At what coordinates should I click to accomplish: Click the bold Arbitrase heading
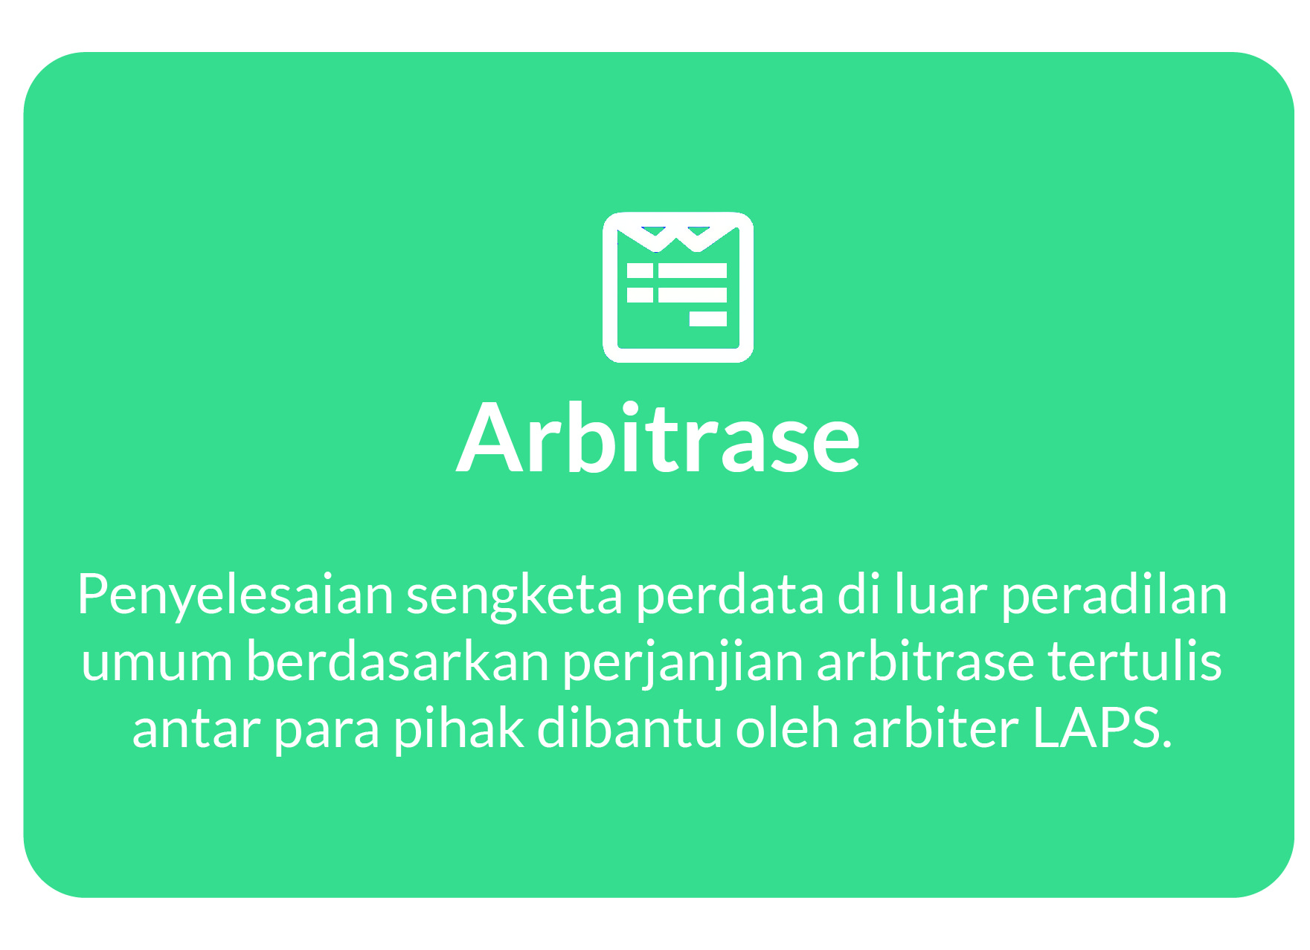[x=658, y=439]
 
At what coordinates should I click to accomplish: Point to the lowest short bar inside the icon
[x=707, y=319]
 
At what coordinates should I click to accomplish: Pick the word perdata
[x=730, y=595]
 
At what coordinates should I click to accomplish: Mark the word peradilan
[x=1114, y=595]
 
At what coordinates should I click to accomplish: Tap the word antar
[x=196, y=728]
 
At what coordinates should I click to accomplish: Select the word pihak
[x=458, y=728]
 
